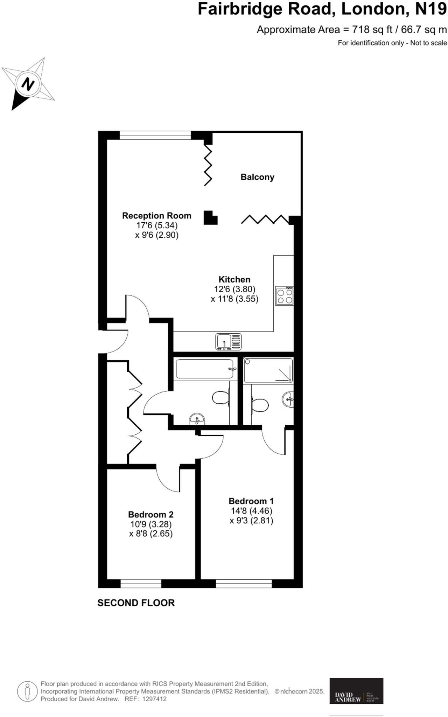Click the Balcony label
pos(257,177)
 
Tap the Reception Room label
pos(156,216)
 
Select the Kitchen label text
pos(234,279)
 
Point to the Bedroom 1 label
pos(251,501)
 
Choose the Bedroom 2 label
pos(150,514)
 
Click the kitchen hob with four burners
pos(284,296)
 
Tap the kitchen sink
pos(228,341)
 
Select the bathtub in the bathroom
pos(205,369)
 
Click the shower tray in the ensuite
pos(268,370)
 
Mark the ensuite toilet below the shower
pos(260,405)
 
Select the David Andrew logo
pos(356,691)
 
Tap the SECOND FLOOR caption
pos(136,603)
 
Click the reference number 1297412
pos(153,699)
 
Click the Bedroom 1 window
pos(244,583)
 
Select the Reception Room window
pos(155,135)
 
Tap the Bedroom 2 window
pos(141,583)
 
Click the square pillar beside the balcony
pos(210,217)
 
